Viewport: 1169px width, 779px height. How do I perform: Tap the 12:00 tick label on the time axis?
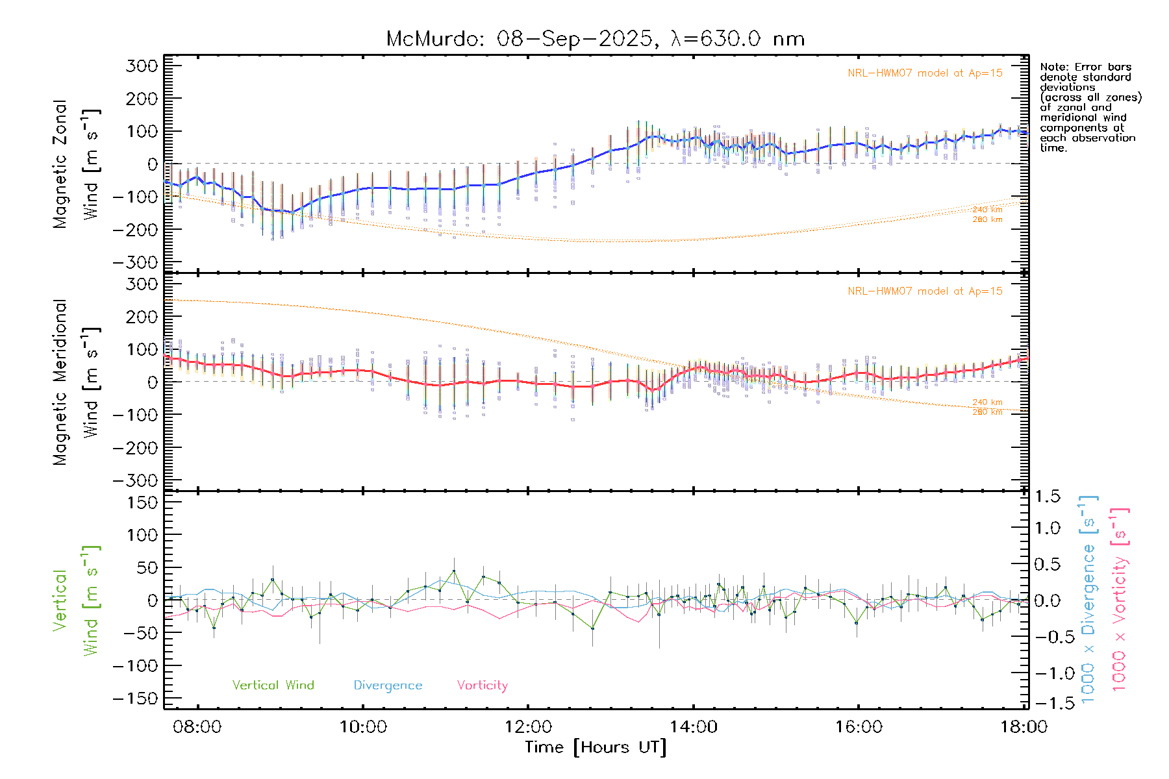click(x=528, y=726)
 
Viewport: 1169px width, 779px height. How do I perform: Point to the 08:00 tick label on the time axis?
click(x=197, y=726)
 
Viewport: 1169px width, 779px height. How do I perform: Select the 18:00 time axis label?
click(x=1024, y=726)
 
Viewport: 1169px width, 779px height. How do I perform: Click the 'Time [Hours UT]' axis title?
click(x=596, y=747)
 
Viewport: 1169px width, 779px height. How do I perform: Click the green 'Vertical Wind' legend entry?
click(x=273, y=685)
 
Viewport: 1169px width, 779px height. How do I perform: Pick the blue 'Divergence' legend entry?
click(x=388, y=685)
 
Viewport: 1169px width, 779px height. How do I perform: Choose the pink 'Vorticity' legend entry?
click(x=482, y=685)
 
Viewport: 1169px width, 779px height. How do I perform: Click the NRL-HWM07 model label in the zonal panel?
click(x=925, y=73)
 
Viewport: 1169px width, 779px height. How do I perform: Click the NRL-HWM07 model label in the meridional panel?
click(x=925, y=291)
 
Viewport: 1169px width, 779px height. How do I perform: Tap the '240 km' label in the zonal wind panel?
click(x=987, y=210)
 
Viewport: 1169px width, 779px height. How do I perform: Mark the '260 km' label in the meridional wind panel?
click(x=987, y=412)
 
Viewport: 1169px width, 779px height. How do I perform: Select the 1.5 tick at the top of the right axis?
click(x=1048, y=497)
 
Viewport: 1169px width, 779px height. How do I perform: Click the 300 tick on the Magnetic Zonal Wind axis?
click(x=142, y=66)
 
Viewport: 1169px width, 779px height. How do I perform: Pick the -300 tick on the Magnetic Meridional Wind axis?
click(x=136, y=480)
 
